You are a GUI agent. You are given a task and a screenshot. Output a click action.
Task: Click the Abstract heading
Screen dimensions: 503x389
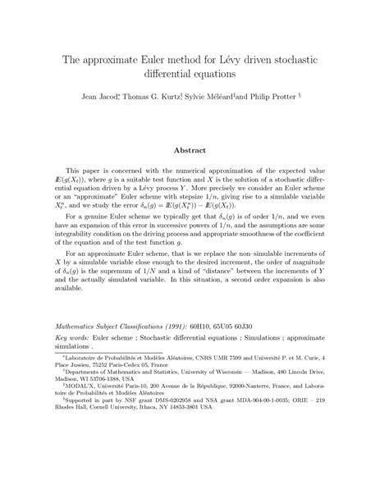194,150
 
